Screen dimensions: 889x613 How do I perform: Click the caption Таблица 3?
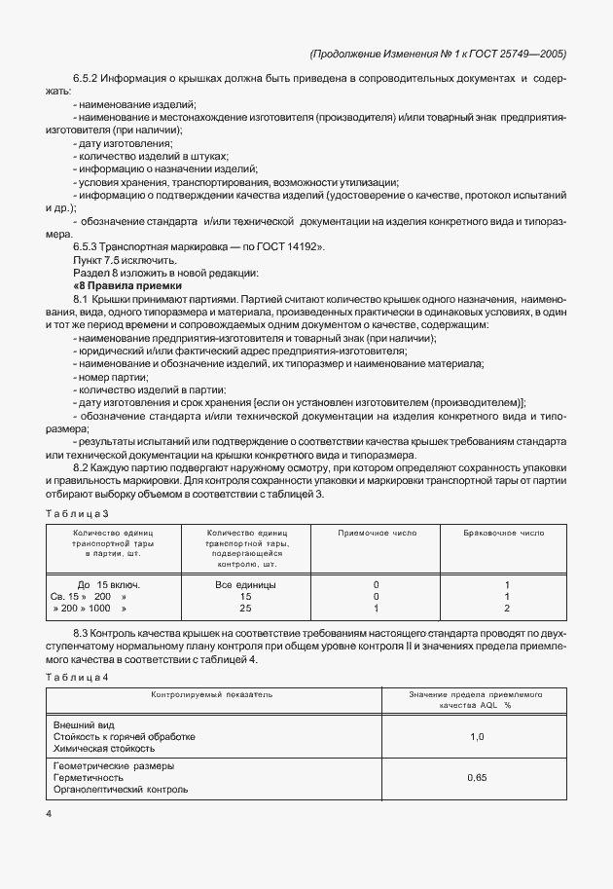pyautogui.click(x=78, y=512)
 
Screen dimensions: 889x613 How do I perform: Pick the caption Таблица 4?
pyautogui.click(x=78, y=677)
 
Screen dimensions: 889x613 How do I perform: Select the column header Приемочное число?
pyautogui.click(x=376, y=534)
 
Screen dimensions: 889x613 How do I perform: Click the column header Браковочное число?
pyautogui.click(x=505, y=534)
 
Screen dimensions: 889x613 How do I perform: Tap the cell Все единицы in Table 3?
pyautogui.click(x=245, y=584)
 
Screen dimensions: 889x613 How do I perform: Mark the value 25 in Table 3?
pyautogui.click(x=245, y=608)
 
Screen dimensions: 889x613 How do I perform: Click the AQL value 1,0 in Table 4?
pyautogui.click(x=477, y=737)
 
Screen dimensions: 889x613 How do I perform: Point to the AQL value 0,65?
pyautogui.click(x=477, y=778)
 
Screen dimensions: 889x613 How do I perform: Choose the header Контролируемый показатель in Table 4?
pyautogui.click(x=211, y=694)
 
